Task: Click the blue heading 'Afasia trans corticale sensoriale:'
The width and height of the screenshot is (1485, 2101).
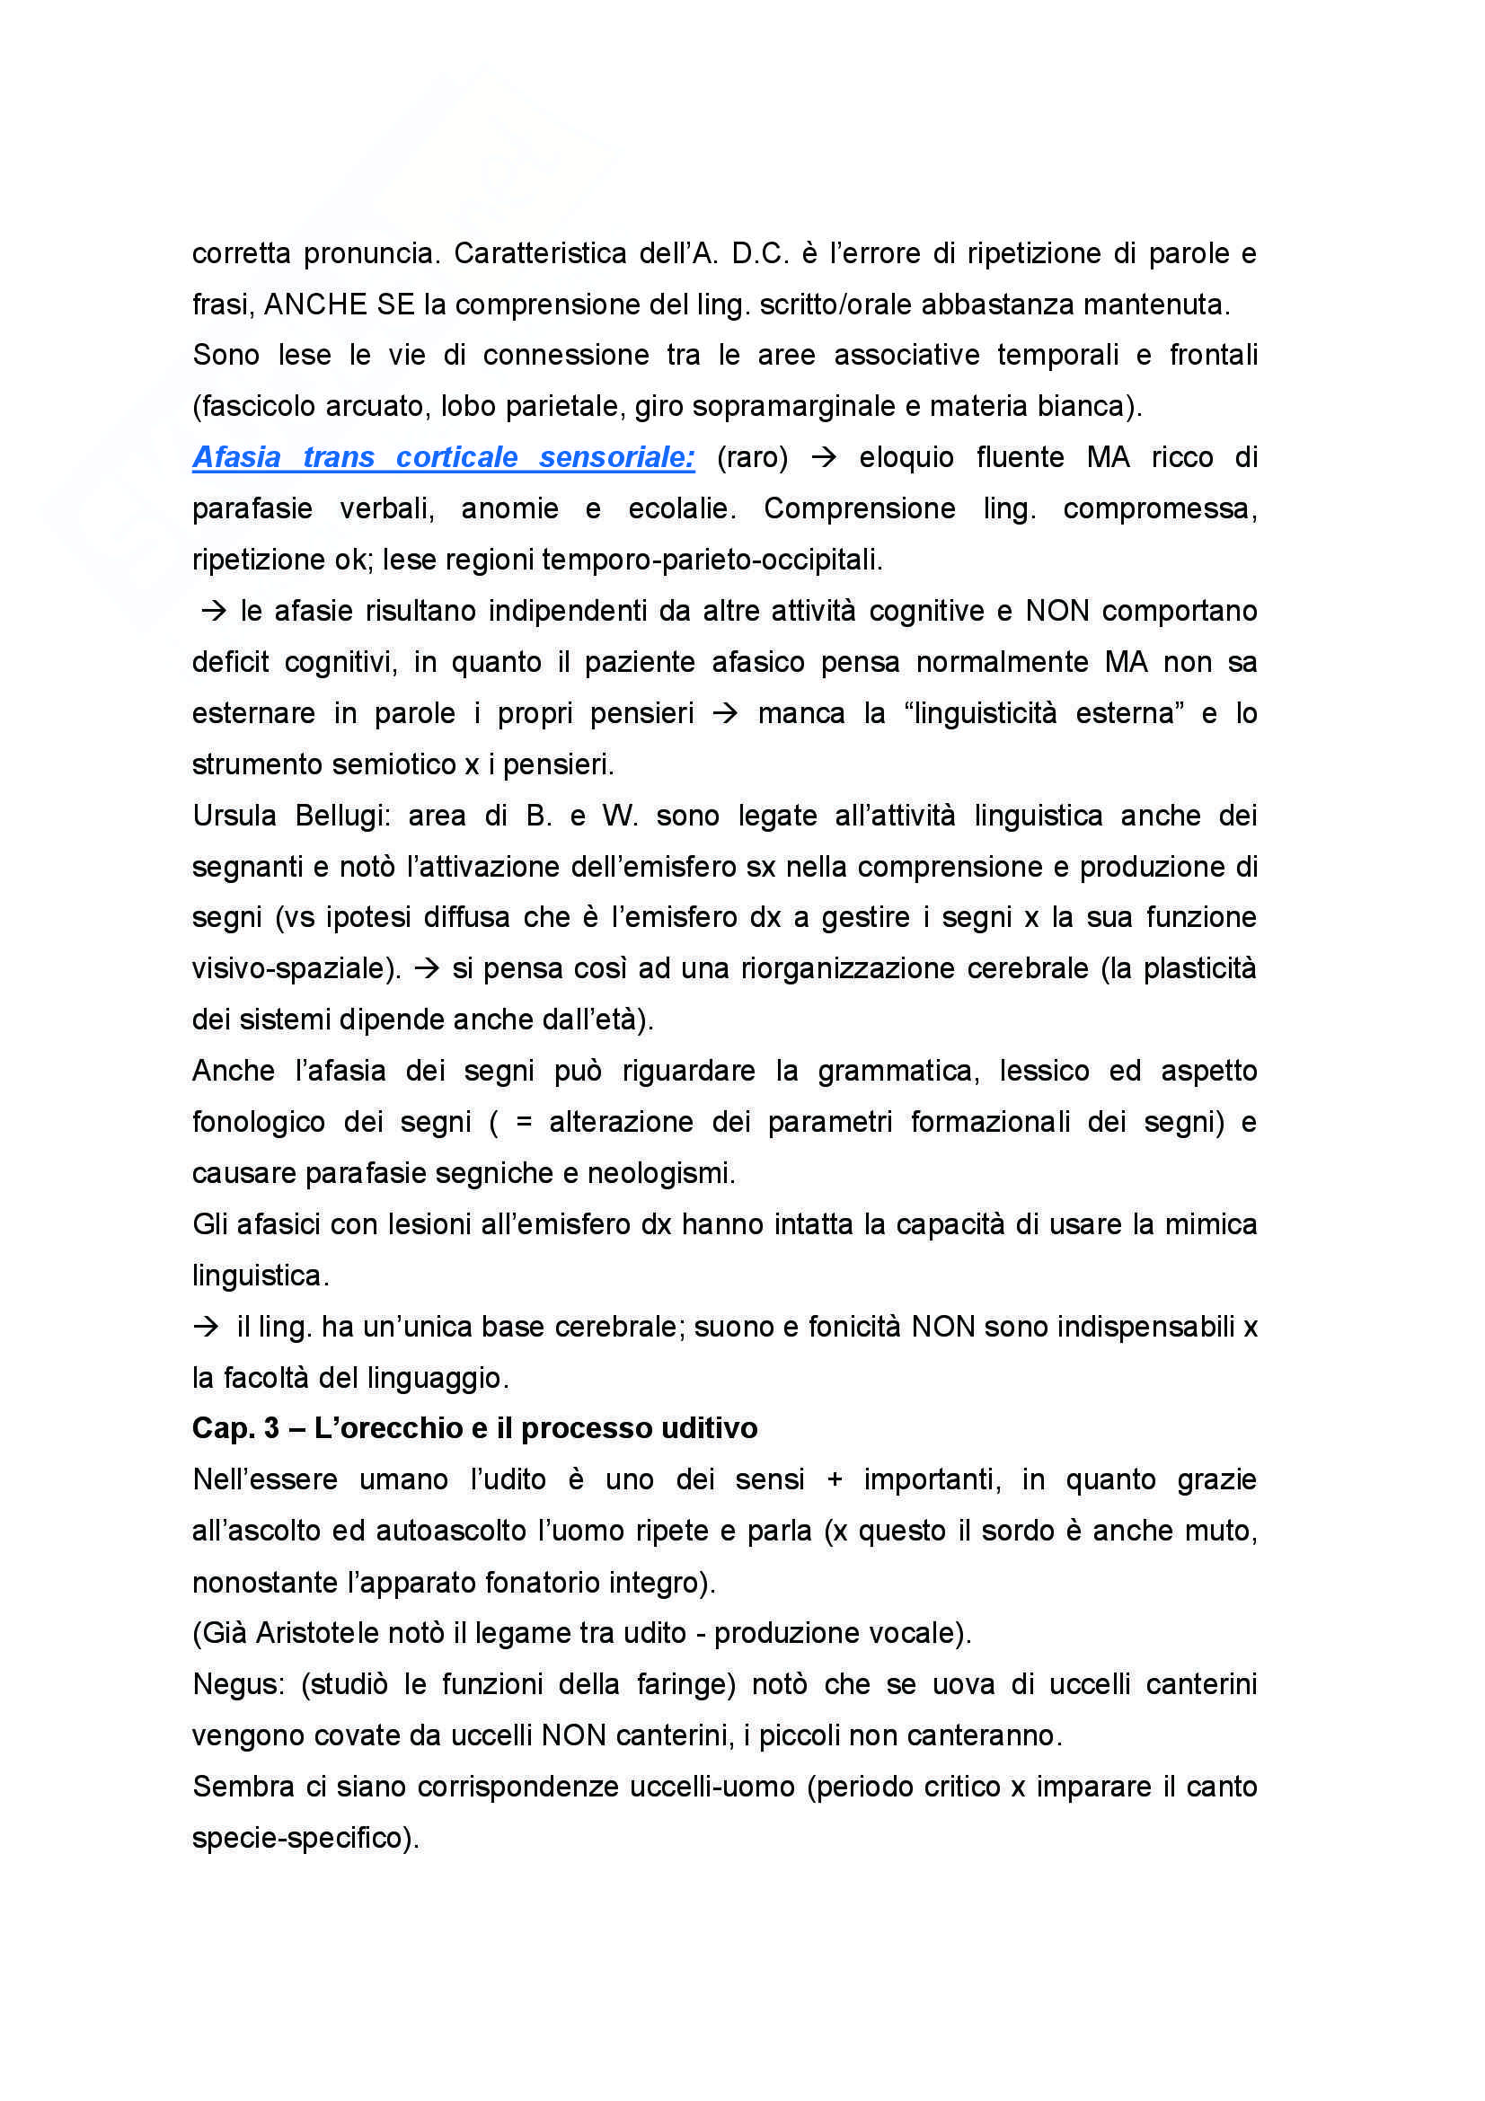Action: point(443,457)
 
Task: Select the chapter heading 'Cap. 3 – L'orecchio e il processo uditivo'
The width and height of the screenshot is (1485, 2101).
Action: point(474,1428)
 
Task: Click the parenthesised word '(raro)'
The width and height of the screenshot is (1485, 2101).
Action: point(752,457)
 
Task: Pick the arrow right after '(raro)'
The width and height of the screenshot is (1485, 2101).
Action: point(824,457)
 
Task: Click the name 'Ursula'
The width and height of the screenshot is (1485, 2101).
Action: point(234,816)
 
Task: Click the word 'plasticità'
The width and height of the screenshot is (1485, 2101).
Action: point(1199,969)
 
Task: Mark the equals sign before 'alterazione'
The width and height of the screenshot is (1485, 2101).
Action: point(524,1123)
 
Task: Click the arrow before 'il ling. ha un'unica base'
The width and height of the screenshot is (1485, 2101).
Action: point(207,1327)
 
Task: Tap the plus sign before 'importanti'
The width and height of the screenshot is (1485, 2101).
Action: point(834,1479)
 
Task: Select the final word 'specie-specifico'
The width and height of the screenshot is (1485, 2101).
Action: point(298,1839)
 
